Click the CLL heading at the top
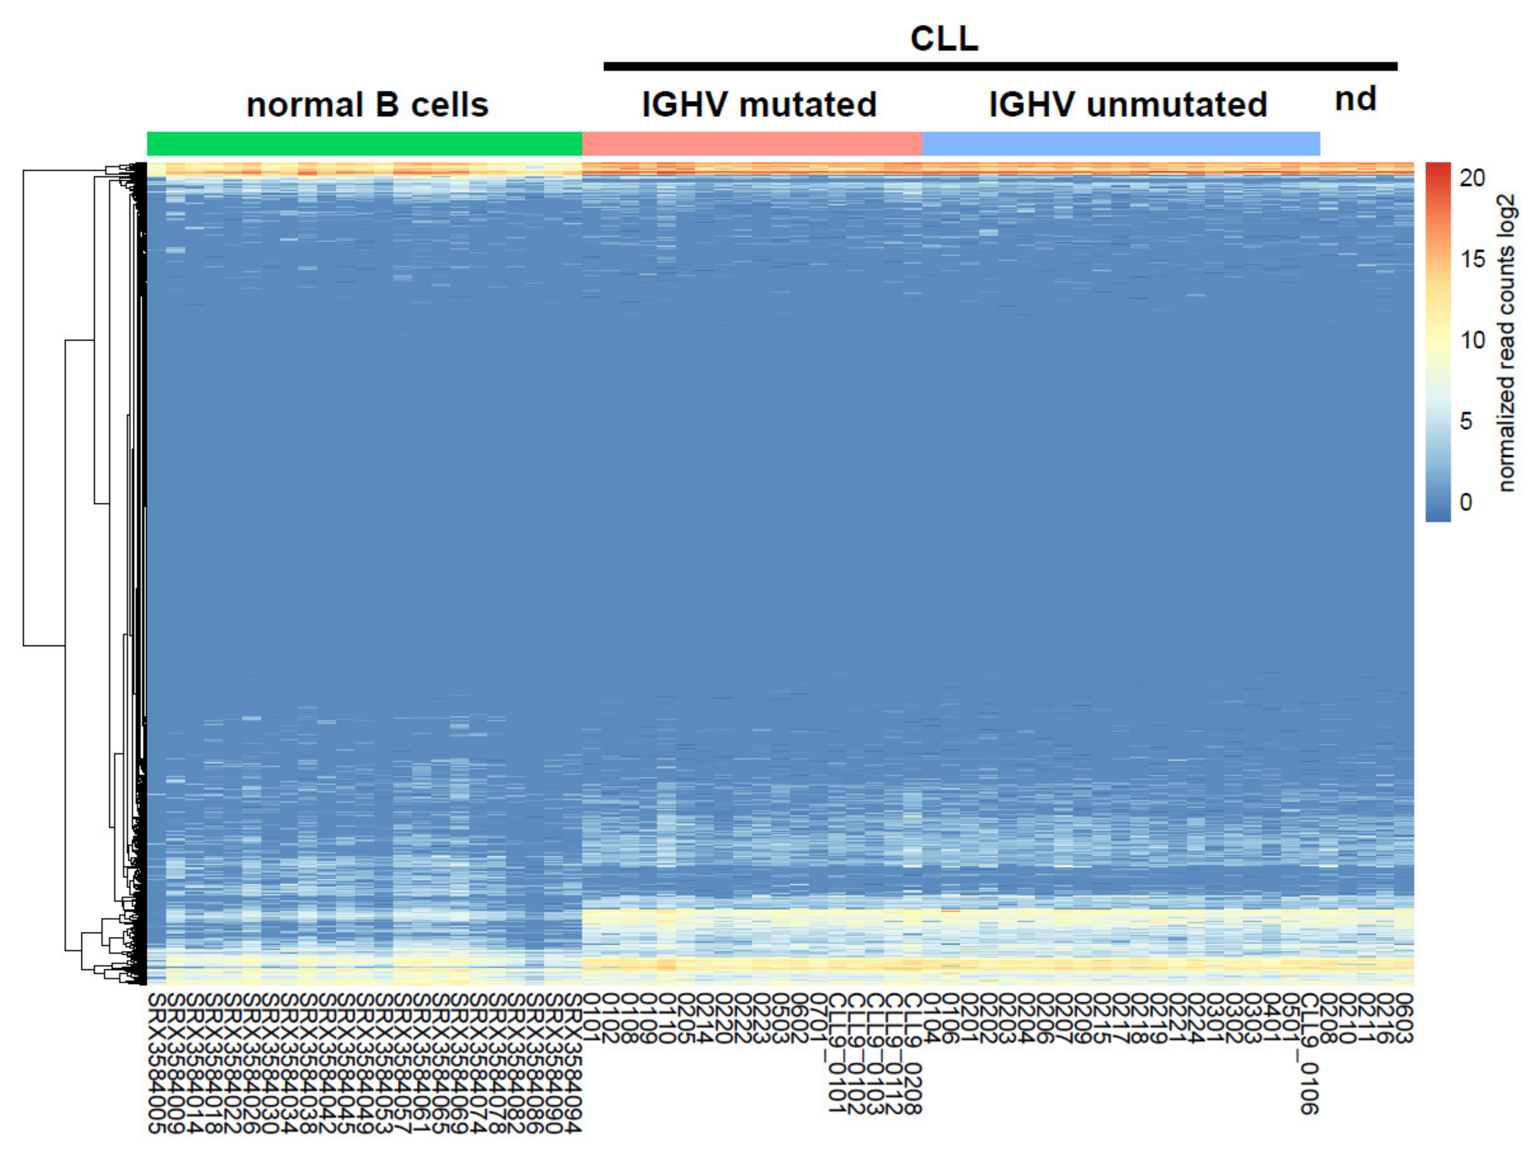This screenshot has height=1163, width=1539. (x=944, y=39)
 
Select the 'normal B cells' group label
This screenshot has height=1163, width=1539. (x=367, y=105)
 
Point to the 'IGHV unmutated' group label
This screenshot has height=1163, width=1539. (x=1128, y=105)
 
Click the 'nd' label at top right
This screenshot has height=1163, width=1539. (x=1355, y=100)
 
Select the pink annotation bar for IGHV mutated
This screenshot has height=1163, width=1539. (x=751, y=143)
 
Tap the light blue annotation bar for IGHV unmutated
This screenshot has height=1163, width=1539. (x=1121, y=143)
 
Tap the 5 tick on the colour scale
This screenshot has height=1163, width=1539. (x=1466, y=421)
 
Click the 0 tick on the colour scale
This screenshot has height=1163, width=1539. (x=1466, y=502)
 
